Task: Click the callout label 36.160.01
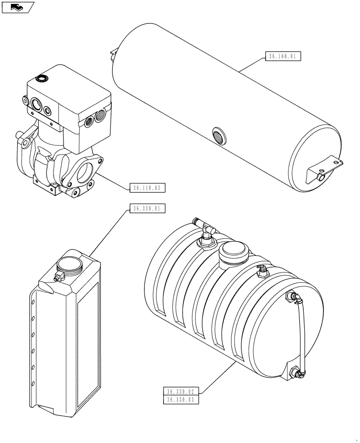pyautogui.click(x=283, y=56)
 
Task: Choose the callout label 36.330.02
pyautogui.click(x=181, y=391)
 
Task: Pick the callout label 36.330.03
pyautogui.click(x=181, y=400)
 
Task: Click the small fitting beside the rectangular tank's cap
pyautogui.click(x=57, y=277)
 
